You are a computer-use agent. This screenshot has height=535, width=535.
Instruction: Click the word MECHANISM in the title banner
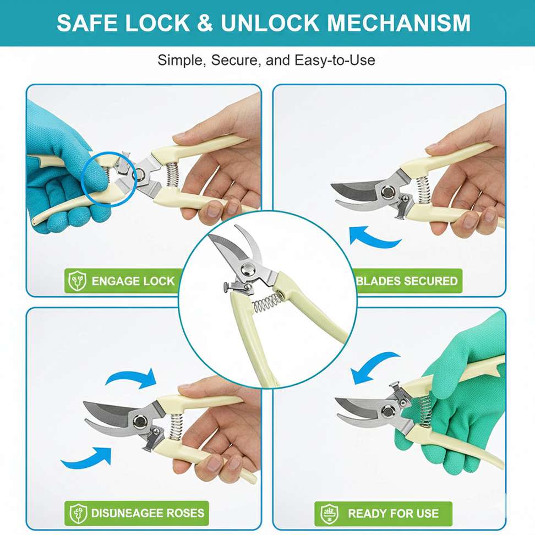point(398,23)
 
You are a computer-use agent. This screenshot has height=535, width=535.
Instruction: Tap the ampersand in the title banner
point(205,23)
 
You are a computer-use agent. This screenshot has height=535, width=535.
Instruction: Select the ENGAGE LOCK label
point(133,281)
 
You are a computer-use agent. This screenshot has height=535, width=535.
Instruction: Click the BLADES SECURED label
point(407,281)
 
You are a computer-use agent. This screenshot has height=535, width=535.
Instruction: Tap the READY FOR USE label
point(393,513)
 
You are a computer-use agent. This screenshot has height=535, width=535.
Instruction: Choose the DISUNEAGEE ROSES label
point(148,513)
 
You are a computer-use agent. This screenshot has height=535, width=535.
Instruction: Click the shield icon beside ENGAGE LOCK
point(78,281)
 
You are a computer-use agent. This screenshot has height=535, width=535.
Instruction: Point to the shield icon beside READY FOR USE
point(329,514)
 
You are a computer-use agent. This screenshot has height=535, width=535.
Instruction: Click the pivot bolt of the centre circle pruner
point(248,269)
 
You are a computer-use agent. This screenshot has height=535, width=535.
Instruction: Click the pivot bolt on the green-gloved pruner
point(388,411)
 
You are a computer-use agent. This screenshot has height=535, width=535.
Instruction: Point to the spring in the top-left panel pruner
point(172,174)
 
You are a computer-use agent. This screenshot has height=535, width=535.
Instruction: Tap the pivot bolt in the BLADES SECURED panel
point(387,192)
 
